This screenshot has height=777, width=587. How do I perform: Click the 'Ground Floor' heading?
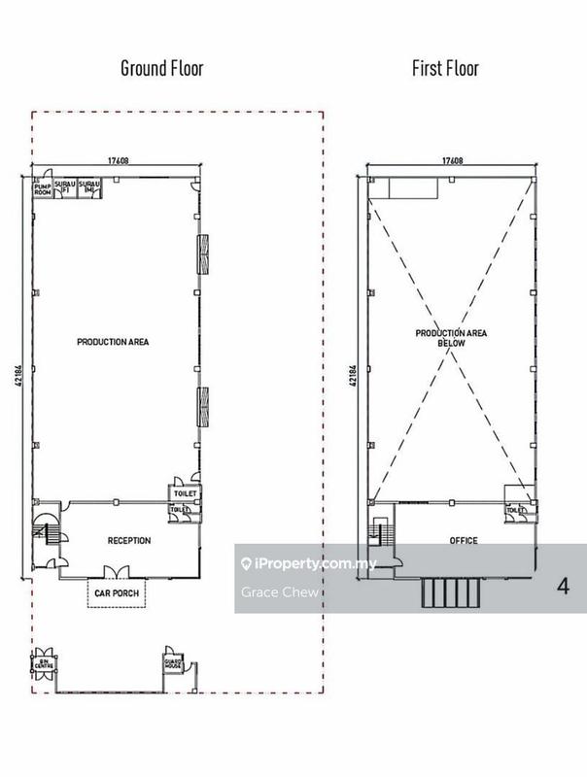coord(161,68)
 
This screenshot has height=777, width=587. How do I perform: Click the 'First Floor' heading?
coord(446,68)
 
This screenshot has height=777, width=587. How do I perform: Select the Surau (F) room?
coord(64,186)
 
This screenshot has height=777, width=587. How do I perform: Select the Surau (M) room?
coord(88,186)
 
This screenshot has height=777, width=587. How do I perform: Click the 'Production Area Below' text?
coord(451,338)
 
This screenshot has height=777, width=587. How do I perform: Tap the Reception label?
coord(129,540)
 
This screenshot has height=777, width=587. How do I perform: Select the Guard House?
coord(173,661)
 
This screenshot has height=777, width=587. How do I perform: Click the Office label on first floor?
coord(464,540)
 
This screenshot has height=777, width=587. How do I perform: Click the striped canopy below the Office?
coord(453,592)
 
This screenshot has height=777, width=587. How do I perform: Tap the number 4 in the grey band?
coord(563,587)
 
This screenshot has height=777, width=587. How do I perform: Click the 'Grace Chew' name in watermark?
coord(265,591)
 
